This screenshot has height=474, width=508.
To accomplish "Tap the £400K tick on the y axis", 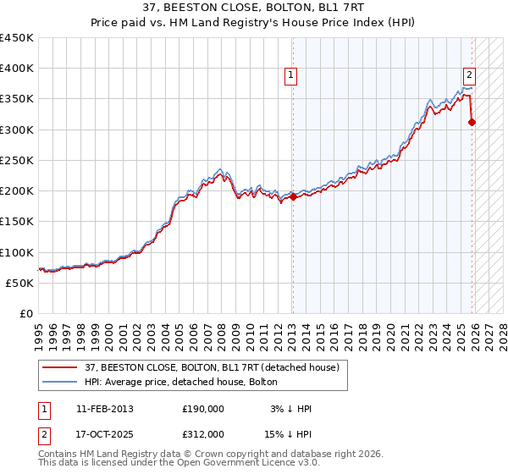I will [x=17, y=69].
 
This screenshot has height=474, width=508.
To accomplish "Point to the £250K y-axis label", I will [x=17, y=160].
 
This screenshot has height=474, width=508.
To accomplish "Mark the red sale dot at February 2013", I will [x=293, y=197].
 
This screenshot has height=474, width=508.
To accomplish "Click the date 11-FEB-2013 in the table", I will [x=105, y=409].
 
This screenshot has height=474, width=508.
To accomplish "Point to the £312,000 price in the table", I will [x=203, y=433].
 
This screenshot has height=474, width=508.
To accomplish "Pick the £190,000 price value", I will [x=203, y=409].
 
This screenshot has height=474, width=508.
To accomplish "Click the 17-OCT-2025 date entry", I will [x=105, y=433].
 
